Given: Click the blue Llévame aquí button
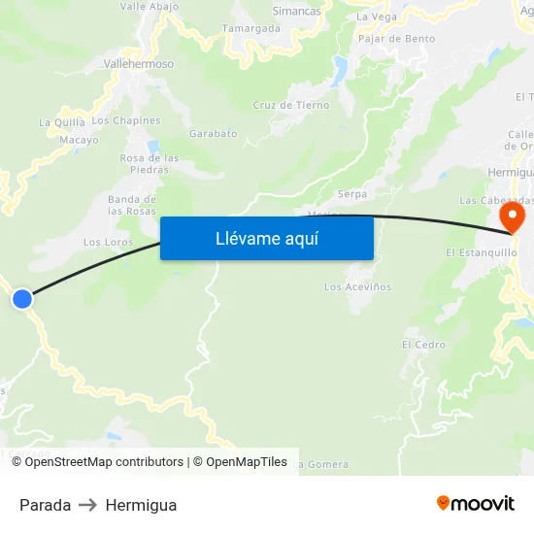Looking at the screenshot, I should tap(266, 238).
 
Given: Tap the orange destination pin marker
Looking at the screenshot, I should tap(510, 216).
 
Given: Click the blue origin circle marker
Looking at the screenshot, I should tap(21, 299).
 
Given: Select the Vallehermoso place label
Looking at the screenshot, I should tap(139, 64).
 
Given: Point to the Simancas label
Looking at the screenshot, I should tap(297, 12).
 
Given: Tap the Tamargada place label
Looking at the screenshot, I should tap(251, 29).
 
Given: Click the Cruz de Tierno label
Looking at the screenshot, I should tap(291, 105).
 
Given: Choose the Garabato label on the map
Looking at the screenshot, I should tap(214, 133).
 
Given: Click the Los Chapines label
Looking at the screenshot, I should tap(126, 120).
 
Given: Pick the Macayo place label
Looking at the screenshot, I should tap(80, 140).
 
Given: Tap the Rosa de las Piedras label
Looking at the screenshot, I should tap(150, 163).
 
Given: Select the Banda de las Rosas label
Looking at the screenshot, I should tap(132, 205).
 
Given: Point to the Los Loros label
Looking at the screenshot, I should tap(108, 242).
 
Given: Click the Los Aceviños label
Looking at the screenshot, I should tap(357, 286).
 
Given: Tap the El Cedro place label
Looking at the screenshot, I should tap(423, 345).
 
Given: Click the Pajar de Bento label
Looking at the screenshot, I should tap(396, 39).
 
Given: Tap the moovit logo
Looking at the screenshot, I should tap(476, 503).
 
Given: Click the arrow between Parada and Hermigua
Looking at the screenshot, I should tap(88, 505).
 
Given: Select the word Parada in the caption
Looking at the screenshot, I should tap(45, 505).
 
